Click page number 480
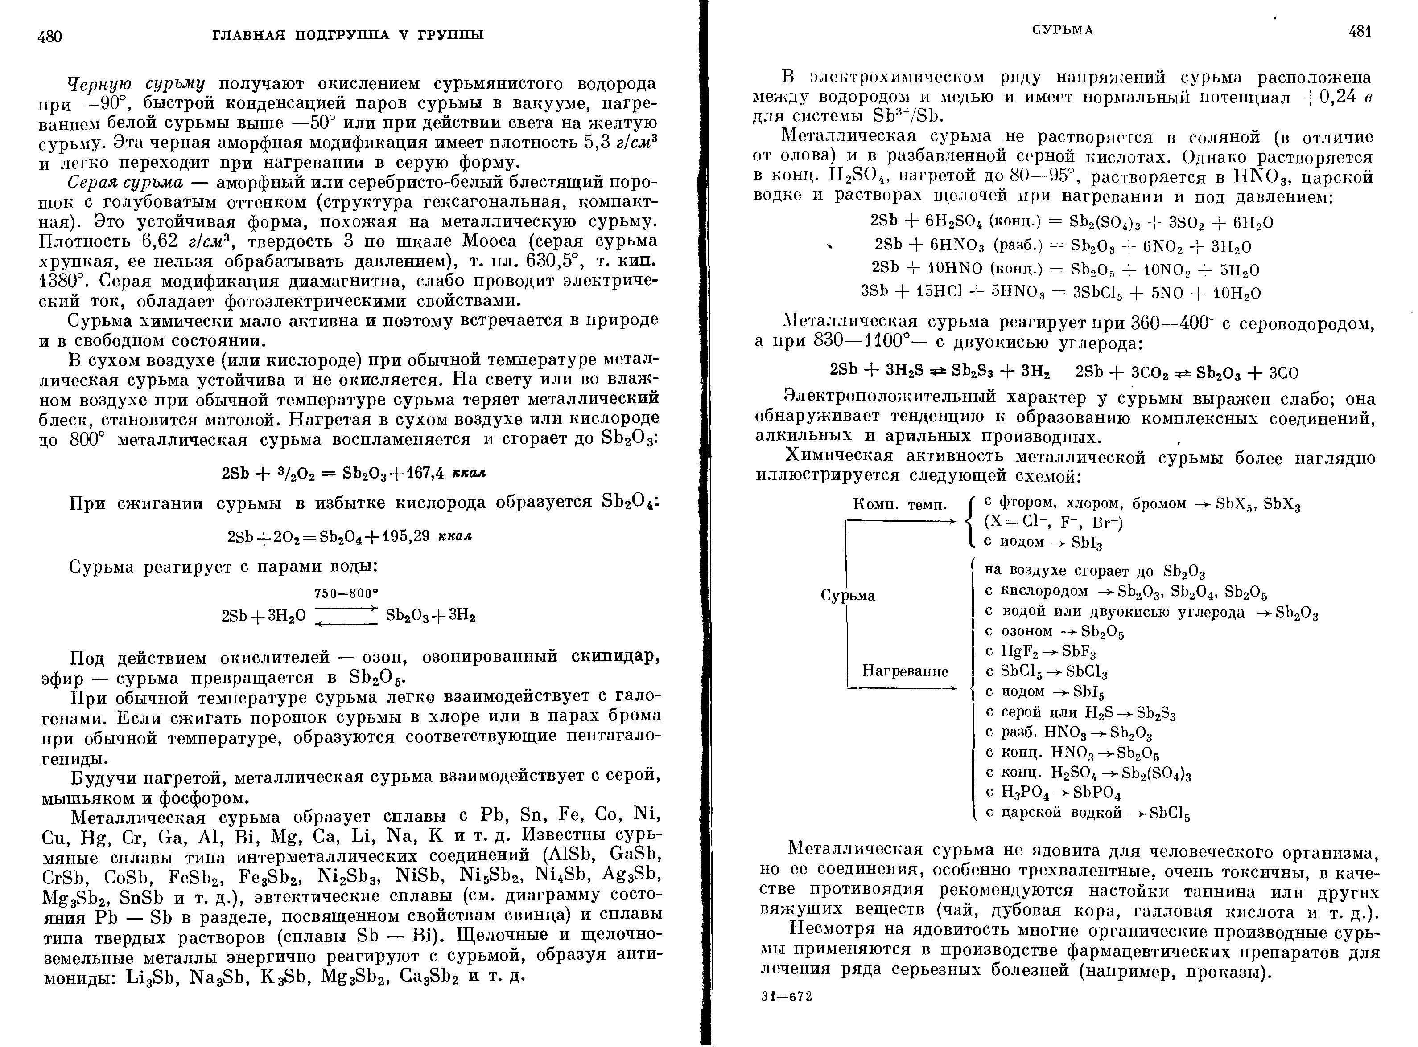(x=49, y=36)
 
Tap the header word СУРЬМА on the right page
(x=1062, y=30)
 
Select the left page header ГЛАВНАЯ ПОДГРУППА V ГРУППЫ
(x=347, y=34)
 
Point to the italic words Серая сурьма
(x=126, y=183)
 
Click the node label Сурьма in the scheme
(x=848, y=595)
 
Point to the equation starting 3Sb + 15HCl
(x=1060, y=292)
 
